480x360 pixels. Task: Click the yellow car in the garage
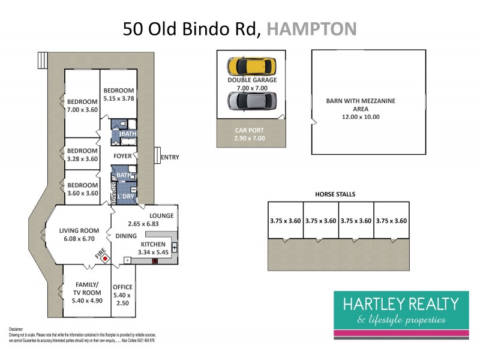(251, 65)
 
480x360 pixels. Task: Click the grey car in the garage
(251, 101)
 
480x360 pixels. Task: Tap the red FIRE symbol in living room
(106, 259)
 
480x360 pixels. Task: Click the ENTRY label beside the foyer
(170, 157)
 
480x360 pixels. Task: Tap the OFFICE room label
(123, 287)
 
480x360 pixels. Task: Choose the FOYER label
(123, 155)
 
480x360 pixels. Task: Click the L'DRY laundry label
(125, 196)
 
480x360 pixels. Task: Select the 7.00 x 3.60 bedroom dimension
(82, 110)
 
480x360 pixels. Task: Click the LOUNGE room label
(162, 216)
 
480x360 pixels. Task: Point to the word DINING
(127, 236)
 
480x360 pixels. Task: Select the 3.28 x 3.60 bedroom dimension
(82, 159)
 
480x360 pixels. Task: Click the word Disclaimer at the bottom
(16, 329)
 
